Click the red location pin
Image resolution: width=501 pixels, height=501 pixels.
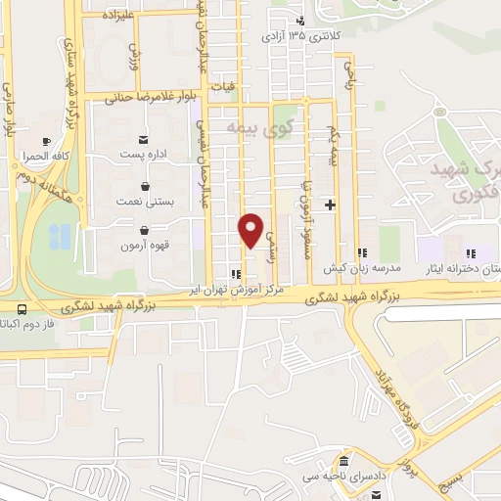(x=251, y=229)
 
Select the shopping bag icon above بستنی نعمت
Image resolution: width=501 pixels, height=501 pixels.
(x=145, y=186)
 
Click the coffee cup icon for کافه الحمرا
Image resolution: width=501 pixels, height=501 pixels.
(x=46, y=142)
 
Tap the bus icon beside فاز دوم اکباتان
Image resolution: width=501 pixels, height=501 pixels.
(x=21, y=308)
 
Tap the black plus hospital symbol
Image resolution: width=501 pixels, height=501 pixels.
(x=331, y=205)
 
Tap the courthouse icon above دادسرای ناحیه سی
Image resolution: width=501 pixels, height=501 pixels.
(x=343, y=461)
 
